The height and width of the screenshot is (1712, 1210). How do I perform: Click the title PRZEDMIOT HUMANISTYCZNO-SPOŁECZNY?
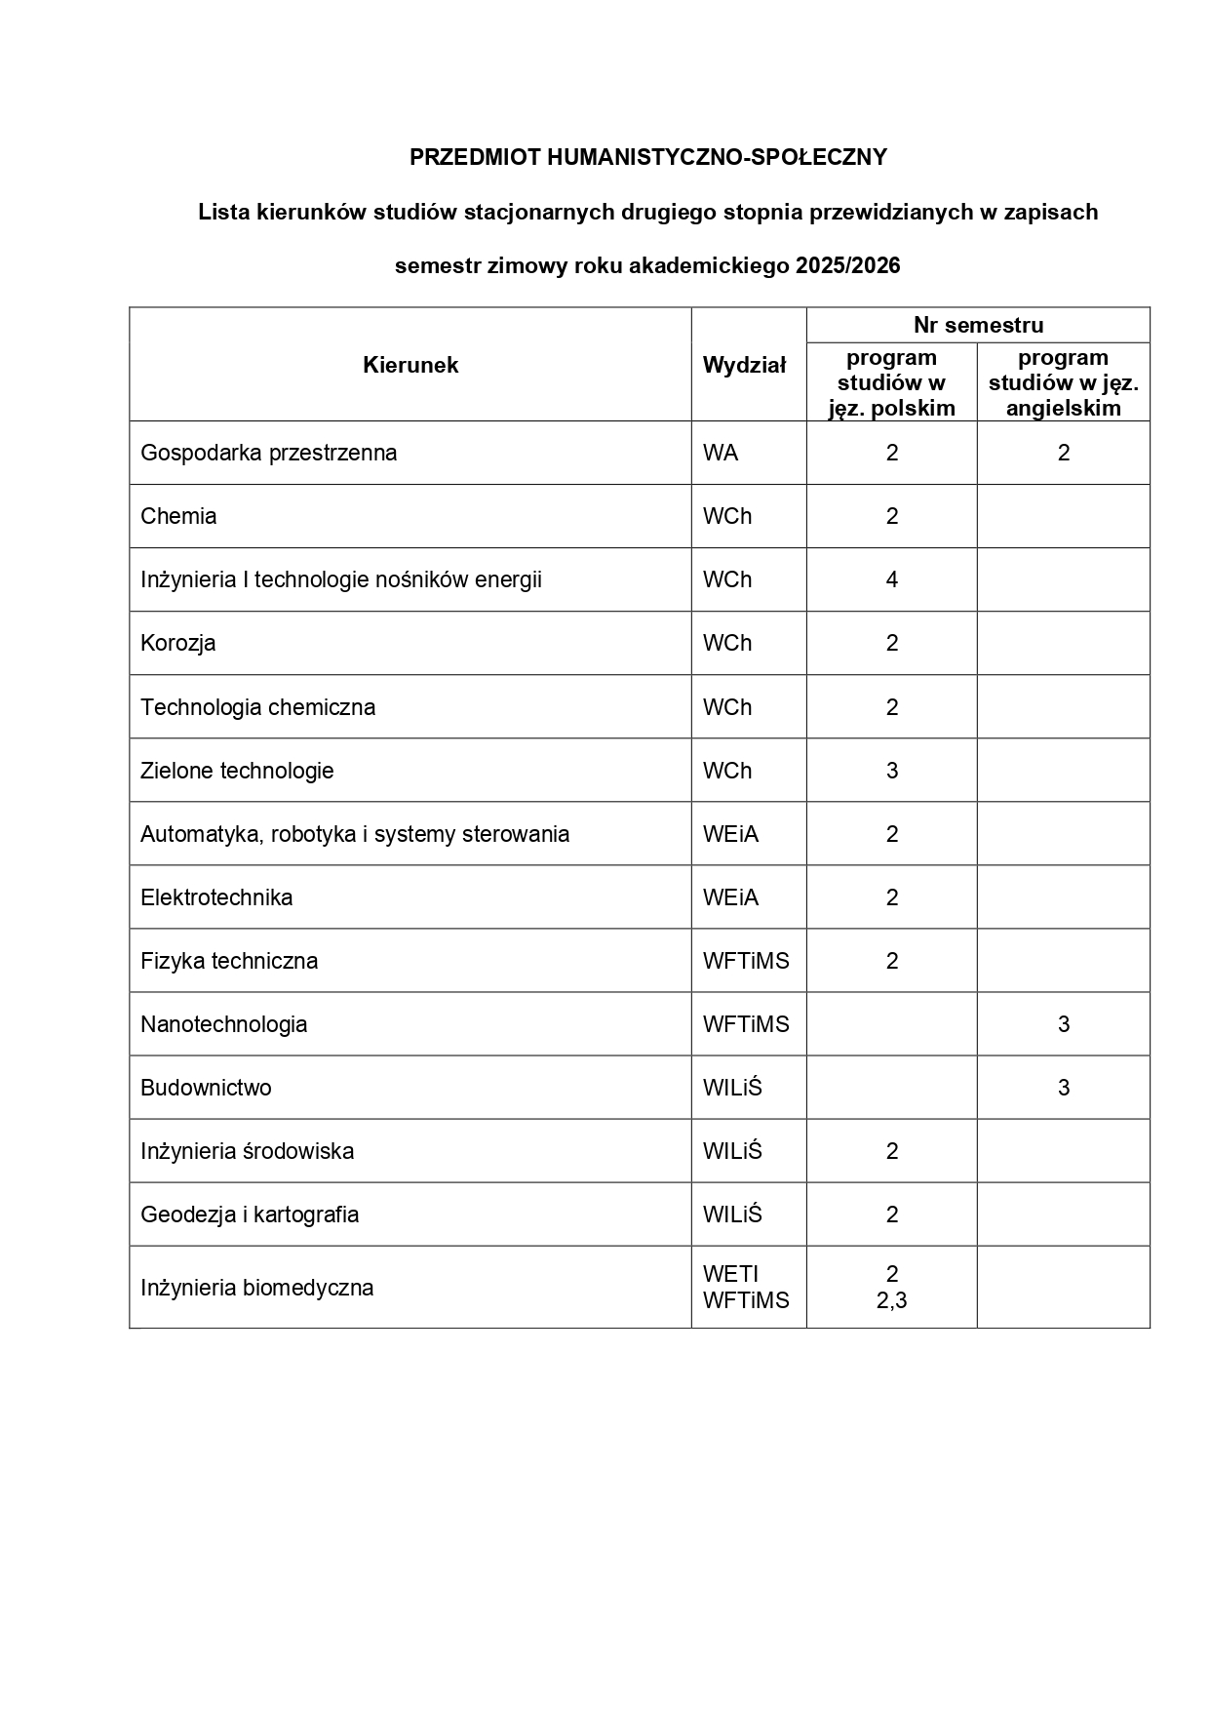coord(647,157)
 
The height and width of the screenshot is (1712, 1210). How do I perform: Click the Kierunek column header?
coord(410,365)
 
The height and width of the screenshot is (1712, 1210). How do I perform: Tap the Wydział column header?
coord(744,365)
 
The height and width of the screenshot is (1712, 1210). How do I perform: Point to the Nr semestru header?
coord(978,325)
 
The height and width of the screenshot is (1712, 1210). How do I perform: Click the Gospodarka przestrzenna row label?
coord(268,453)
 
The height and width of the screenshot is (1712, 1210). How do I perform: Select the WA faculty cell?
coord(721,453)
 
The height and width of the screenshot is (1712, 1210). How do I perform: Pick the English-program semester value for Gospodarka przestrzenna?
coord(1063,453)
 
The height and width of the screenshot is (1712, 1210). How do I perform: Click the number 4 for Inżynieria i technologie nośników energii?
coord(891,579)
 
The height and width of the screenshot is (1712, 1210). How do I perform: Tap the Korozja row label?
coord(177,643)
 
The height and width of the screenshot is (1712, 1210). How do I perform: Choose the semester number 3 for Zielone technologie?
coord(891,771)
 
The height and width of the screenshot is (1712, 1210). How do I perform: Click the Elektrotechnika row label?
coord(216,897)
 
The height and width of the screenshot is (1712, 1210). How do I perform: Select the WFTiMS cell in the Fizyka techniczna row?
coord(746,961)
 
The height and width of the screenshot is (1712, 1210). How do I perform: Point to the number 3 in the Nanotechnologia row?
coord(1063,1024)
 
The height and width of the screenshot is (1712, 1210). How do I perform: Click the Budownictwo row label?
coord(206,1088)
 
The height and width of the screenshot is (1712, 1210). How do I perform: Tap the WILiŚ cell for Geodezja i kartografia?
coord(732,1214)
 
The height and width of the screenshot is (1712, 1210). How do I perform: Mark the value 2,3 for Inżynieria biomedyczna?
coord(891,1300)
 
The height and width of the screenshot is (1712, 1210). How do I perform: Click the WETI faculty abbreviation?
coord(730,1274)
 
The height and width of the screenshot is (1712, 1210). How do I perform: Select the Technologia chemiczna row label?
coord(257,707)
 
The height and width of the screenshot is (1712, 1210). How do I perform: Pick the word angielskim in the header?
coord(1063,408)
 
